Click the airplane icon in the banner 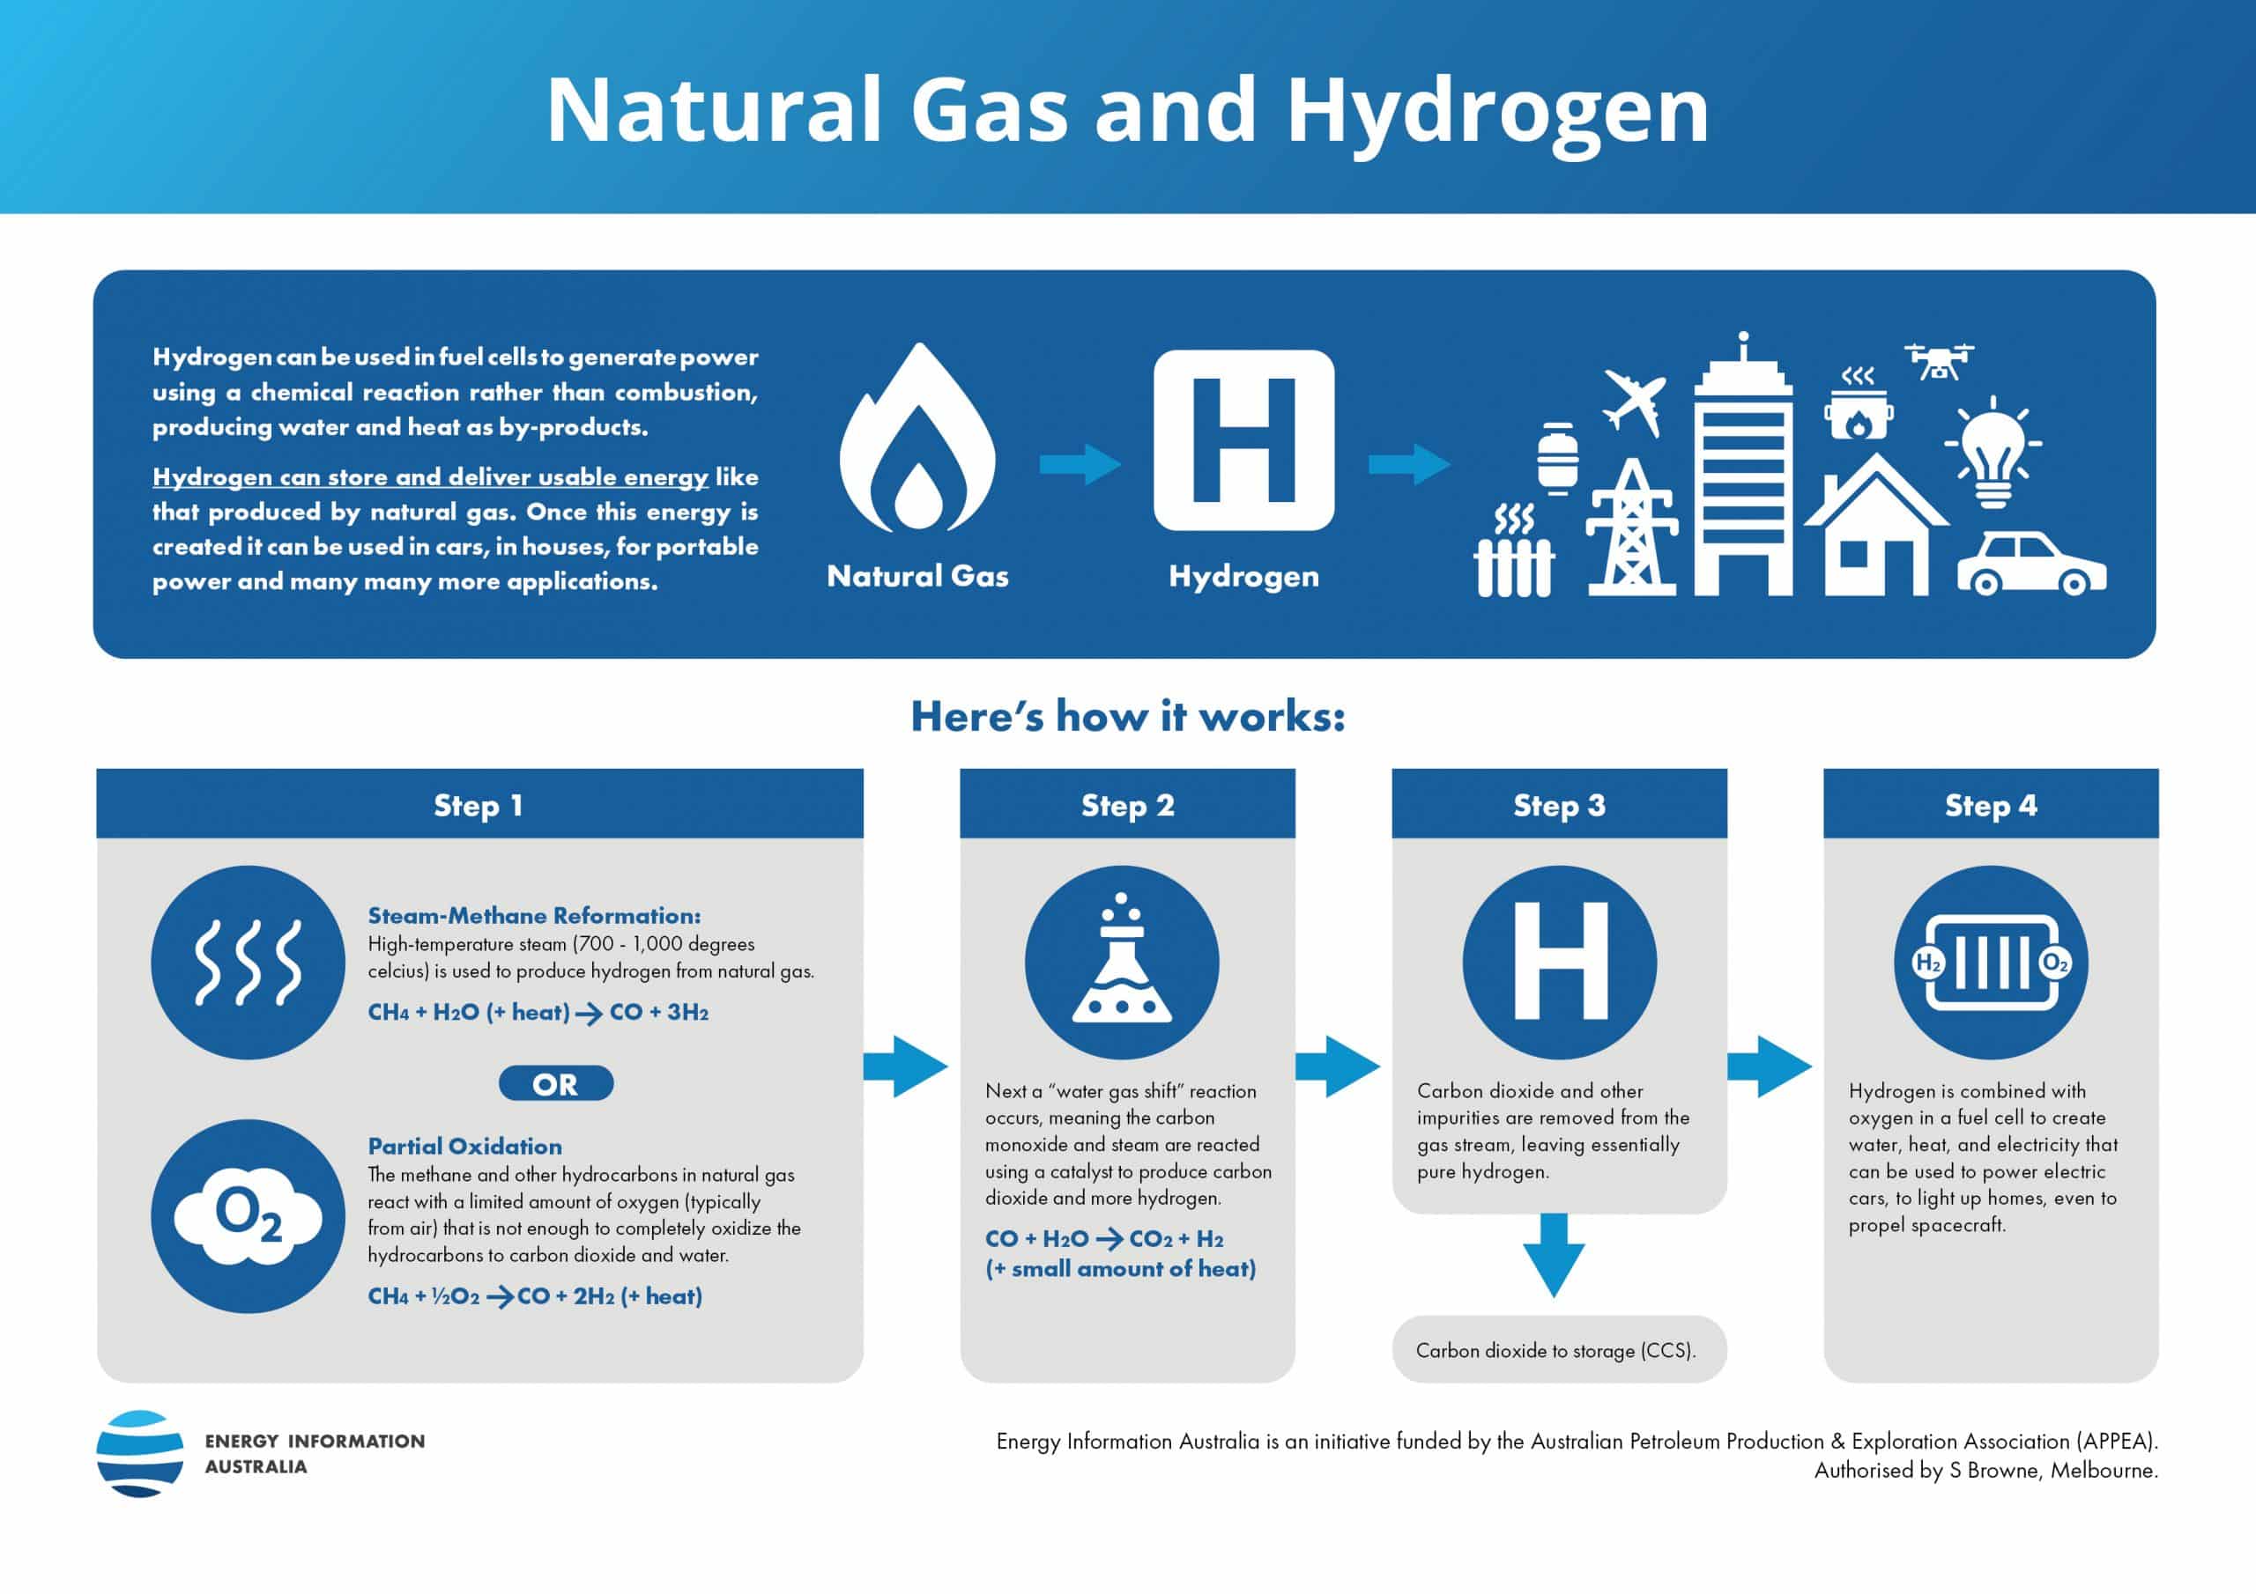(1634, 402)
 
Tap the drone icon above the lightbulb (1938, 361)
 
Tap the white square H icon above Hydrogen (1244, 440)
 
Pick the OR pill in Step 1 (556, 1083)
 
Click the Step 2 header (1127, 803)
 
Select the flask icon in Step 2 (1122, 962)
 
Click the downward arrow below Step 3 (1554, 1254)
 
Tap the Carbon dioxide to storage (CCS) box (1559, 1349)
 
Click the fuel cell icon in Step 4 (1992, 963)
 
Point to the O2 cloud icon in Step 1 (249, 1217)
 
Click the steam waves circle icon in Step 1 (249, 963)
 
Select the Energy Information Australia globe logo (139, 1454)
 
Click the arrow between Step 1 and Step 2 (906, 1066)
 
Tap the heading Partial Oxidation (464, 1146)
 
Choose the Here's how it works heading (1128, 716)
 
